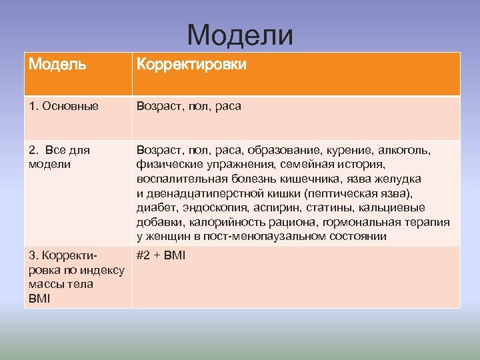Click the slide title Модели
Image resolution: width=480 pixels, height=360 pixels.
click(240, 35)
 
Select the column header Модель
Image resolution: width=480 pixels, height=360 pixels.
click(57, 65)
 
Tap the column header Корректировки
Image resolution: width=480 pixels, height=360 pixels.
click(191, 65)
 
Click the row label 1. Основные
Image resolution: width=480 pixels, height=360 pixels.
click(64, 106)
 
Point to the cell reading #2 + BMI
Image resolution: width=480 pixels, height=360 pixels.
click(161, 255)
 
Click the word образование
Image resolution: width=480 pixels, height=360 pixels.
click(283, 150)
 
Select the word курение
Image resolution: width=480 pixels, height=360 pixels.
click(350, 150)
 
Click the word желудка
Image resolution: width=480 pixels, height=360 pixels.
click(397, 179)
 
